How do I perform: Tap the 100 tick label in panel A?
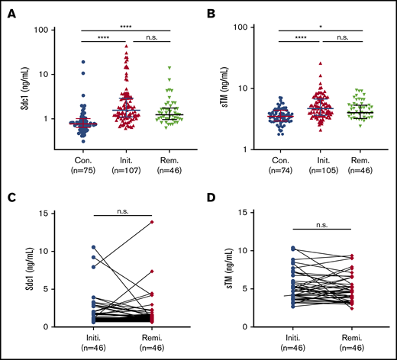click(42, 30)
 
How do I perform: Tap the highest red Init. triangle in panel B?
click(321, 63)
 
